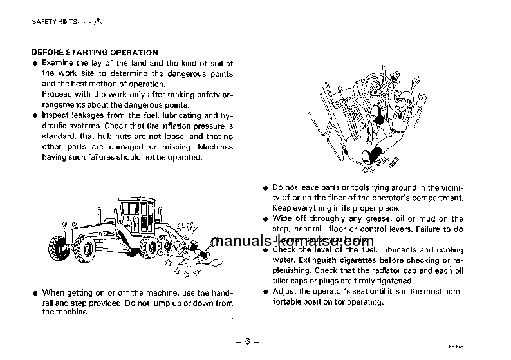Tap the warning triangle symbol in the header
[x=98, y=21]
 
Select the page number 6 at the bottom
[x=246, y=341]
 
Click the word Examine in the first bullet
[x=57, y=62]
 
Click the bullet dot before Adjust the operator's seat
[x=265, y=292]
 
